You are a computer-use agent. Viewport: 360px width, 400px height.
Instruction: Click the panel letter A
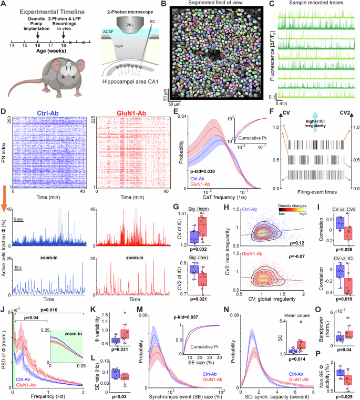point(4,5)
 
